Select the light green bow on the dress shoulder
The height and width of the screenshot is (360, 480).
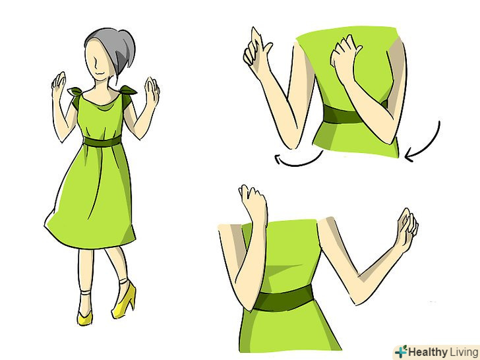[x=75, y=91]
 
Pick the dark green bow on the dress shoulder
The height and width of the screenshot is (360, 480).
[x=128, y=90]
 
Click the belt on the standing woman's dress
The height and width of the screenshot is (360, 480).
[x=102, y=141]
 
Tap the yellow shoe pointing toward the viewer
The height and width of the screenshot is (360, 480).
[x=84, y=318]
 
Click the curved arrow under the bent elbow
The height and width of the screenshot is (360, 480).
[x=298, y=160]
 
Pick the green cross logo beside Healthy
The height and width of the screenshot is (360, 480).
[x=401, y=351]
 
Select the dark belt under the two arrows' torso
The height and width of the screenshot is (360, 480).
[x=343, y=115]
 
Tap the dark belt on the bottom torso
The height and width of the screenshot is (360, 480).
[x=283, y=299]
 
